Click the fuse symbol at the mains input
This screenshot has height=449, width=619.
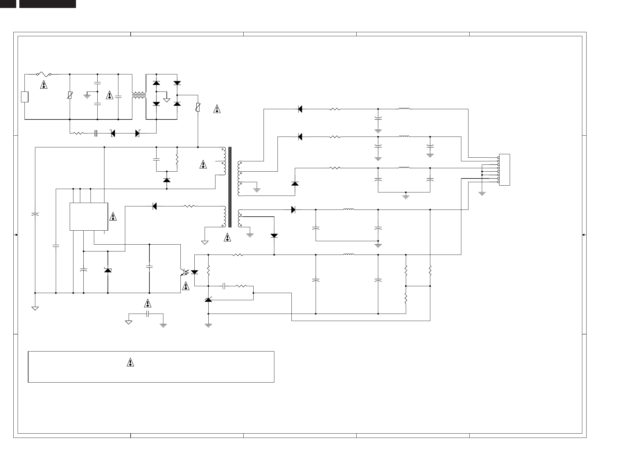click(44, 74)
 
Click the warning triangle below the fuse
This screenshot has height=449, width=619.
click(44, 84)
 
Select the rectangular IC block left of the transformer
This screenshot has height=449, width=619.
click(89, 216)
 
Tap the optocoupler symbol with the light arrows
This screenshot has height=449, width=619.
click(185, 273)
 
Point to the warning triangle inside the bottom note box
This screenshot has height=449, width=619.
click(130, 362)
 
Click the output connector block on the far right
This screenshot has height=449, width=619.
click(505, 170)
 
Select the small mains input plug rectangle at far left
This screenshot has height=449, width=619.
click(25, 97)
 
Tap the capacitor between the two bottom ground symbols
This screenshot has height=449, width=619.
click(147, 314)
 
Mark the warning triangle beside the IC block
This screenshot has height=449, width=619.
click(113, 216)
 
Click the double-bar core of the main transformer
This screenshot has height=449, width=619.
click(229, 187)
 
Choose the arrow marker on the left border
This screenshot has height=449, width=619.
click(16, 235)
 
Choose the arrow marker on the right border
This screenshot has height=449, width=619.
click(583, 235)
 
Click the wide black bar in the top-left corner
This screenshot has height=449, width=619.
click(48, 4)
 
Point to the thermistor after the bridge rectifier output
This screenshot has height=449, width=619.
click(198, 108)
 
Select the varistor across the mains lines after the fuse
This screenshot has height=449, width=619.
click(70, 96)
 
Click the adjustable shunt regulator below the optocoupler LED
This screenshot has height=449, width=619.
click(209, 300)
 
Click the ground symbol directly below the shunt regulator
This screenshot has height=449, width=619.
click(209, 325)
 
